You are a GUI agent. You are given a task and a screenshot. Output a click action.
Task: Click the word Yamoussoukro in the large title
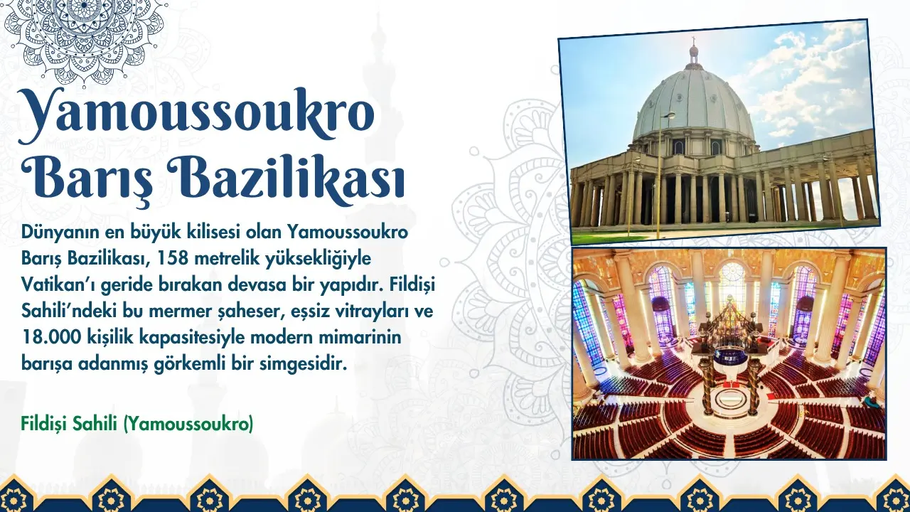(x=195, y=115)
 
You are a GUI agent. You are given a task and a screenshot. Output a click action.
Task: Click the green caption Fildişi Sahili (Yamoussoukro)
(x=137, y=424)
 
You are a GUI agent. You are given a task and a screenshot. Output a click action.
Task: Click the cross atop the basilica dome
(x=693, y=41)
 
